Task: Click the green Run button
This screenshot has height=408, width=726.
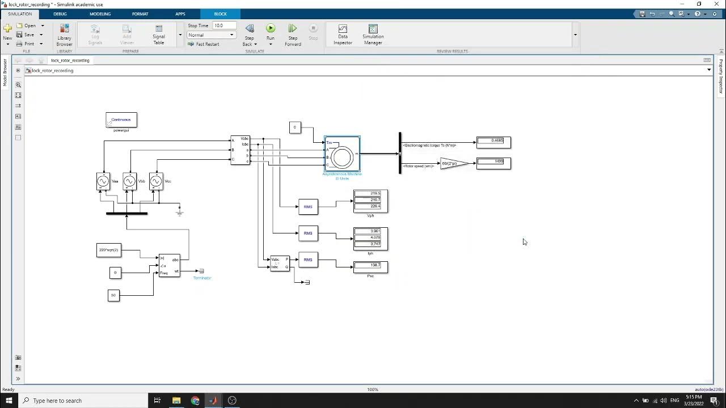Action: coord(271,29)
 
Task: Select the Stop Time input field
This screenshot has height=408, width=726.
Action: coord(225,25)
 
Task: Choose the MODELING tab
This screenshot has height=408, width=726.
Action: coord(100,14)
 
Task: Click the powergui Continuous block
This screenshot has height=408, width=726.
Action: coord(121,120)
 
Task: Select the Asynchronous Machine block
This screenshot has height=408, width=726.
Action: coord(342,154)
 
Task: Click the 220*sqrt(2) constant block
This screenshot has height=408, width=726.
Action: coord(109,250)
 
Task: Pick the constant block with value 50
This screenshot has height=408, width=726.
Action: coord(113,295)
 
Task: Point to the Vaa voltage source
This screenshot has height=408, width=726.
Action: coord(103,181)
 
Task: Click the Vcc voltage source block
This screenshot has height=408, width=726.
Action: coord(156,181)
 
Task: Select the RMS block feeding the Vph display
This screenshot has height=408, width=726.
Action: coord(308,207)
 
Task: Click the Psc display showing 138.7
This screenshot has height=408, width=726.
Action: coord(370,266)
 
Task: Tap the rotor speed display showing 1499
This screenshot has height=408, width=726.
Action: coord(493,163)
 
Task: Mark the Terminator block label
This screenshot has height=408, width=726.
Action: coord(202,278)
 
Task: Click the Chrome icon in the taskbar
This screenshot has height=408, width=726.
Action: coord(195,401)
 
